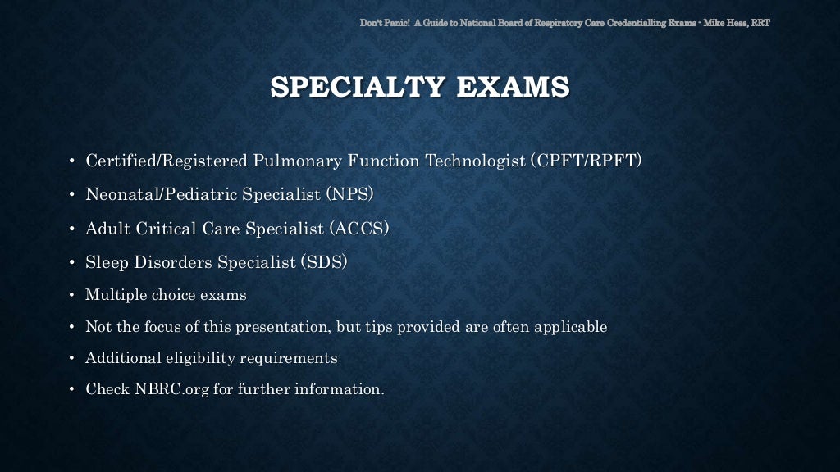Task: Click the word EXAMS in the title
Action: [x=516, y=86]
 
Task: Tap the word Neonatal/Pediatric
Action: [x=153, y=194]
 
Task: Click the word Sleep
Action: [x=104, y=263]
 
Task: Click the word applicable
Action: [x=571, y=327]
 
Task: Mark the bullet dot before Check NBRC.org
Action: [x=71, y=390]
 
